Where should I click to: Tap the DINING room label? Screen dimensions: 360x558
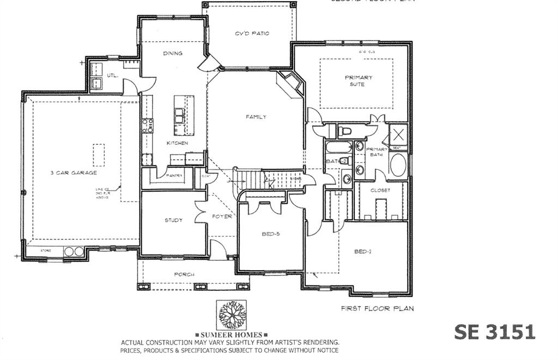[x=173, y=53]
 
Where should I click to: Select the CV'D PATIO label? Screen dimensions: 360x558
[x=252, y=34]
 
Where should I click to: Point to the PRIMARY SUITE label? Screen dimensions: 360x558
[x=359, y=81]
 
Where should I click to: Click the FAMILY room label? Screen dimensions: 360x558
[x=256, y=117]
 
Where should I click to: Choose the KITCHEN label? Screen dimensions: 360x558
[x=177, y=143]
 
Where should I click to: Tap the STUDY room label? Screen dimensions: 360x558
[x=173, y=221]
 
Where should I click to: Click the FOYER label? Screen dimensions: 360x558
[x=222, y=216]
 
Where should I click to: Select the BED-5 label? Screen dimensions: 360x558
[x=270, y=234]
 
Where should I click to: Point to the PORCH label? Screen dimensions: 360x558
[x=184, y=274]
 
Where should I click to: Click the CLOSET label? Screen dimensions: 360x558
[x=380, y=191]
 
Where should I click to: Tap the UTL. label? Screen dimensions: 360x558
[x=113, y=75]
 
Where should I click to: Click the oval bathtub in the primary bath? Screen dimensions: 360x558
[x=398, y=166]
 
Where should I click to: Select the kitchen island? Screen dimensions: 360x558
[x=184, y=115]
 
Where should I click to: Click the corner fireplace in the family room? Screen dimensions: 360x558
[x=290, y=84]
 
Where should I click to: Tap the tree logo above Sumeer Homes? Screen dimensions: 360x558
[x=232, y=315]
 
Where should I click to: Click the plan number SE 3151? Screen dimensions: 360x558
[x=495, y=332]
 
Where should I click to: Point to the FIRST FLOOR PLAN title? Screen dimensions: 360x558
[x=377, y=308]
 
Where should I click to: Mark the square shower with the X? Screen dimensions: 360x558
[x=398, y=134]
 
